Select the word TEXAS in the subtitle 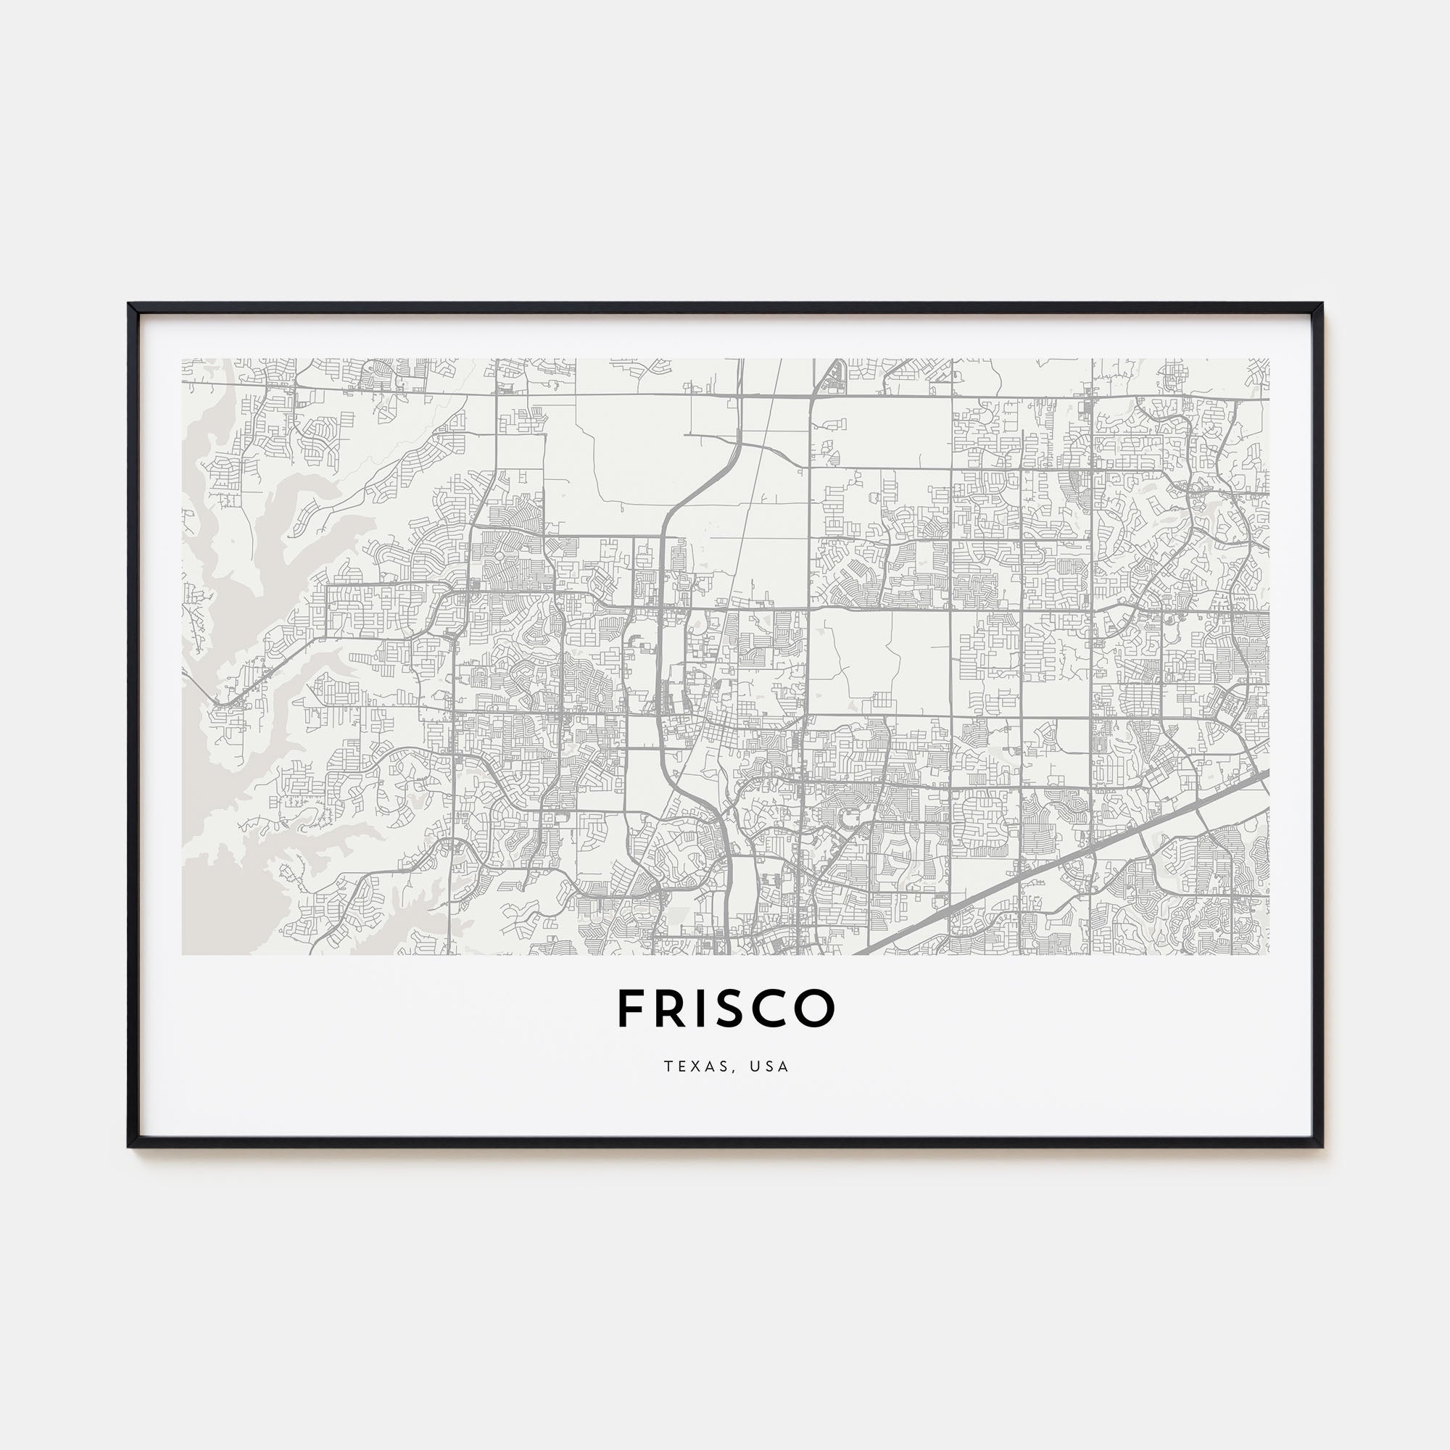tap(694, 1066)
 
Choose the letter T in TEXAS tap(667, 1066)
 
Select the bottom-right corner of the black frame tap(1320, 1146)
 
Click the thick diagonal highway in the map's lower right tap(1066, 863)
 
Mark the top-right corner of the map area tap(1268, 359)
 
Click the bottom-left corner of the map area tap(183, 955)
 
